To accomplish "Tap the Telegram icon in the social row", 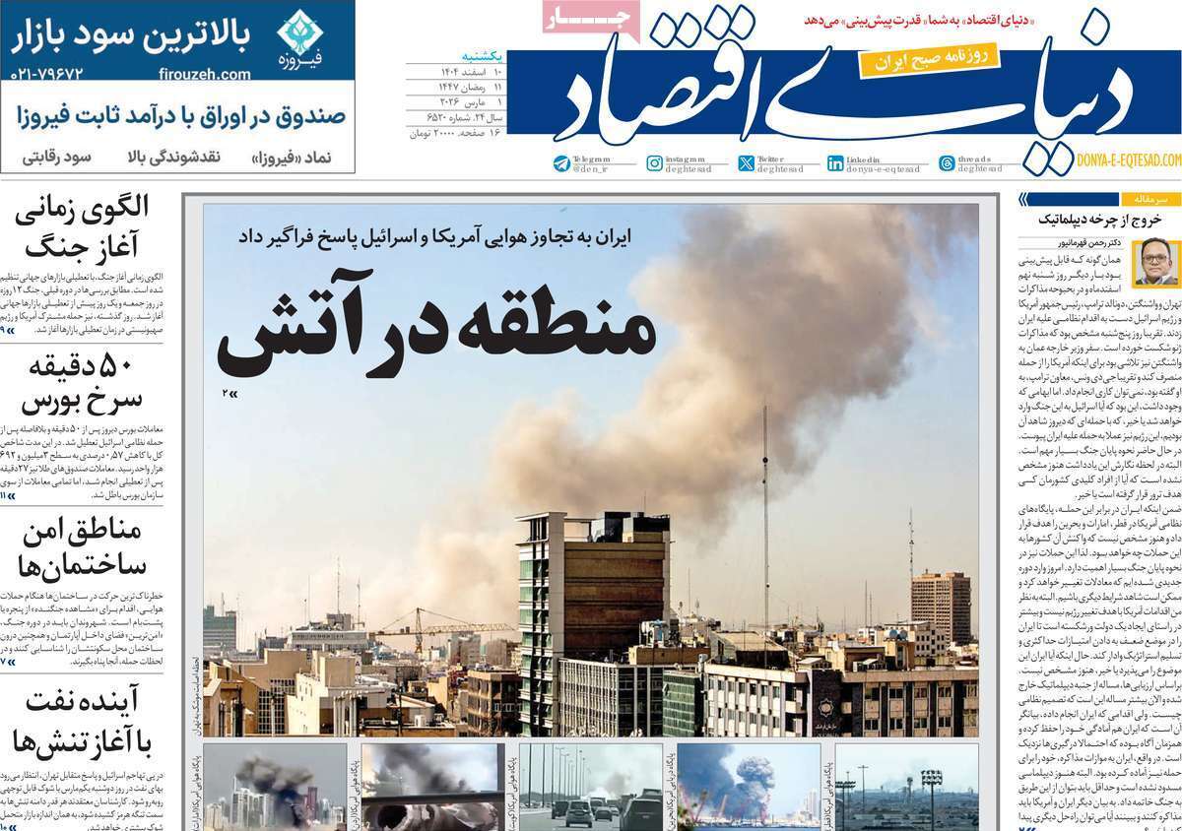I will pyautogui.click(x=561, y=163).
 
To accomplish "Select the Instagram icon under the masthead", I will pyautogui.click(x=654, y=163).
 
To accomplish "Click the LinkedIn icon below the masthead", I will pyautogui.click(x=835, y=163).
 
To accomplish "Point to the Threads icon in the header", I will pyautogui.click(x=947, y=163).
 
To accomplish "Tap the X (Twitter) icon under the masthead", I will pyautogui.click(x=746, y=163).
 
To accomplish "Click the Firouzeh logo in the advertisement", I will pyautogui.click(x=299, y=38).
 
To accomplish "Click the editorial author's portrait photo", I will pyautogui.click(x=1149, y=262).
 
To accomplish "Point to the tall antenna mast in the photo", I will pyautogui.click(x=764, y=532).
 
